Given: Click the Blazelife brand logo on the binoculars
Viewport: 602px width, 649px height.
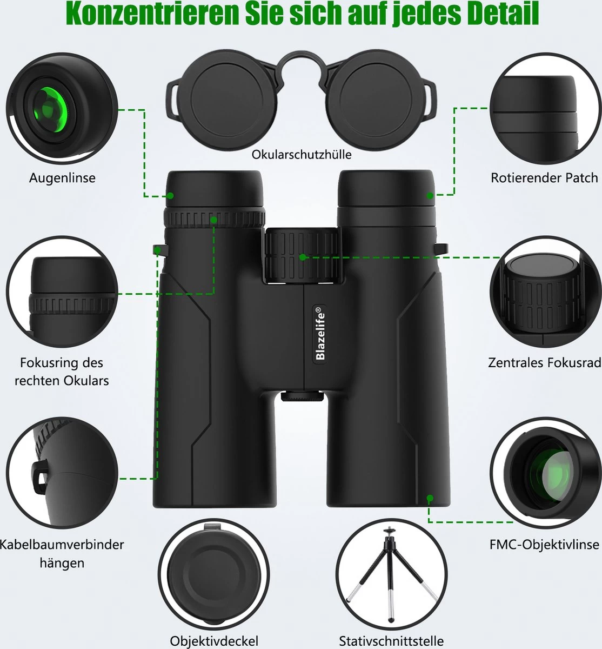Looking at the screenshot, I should (320, 334).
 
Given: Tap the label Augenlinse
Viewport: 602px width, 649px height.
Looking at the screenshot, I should (62, 177).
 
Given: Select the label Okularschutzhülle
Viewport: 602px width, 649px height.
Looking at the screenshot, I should (302, 155).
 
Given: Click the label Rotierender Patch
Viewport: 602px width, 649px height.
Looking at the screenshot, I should (544, 177).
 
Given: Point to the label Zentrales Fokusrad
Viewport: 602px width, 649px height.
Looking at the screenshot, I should (544, 362).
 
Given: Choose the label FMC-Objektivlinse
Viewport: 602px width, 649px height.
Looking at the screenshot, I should (544, 544).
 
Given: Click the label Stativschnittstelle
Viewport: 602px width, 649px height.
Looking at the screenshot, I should (391, 641).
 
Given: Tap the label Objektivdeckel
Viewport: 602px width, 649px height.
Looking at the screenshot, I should (215, 641).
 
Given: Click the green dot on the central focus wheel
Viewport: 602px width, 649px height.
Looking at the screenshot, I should (303, 257).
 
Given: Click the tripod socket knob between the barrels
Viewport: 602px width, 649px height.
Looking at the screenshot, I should (302, 397).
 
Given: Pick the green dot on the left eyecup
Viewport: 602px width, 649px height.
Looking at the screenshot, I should (170, 196).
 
